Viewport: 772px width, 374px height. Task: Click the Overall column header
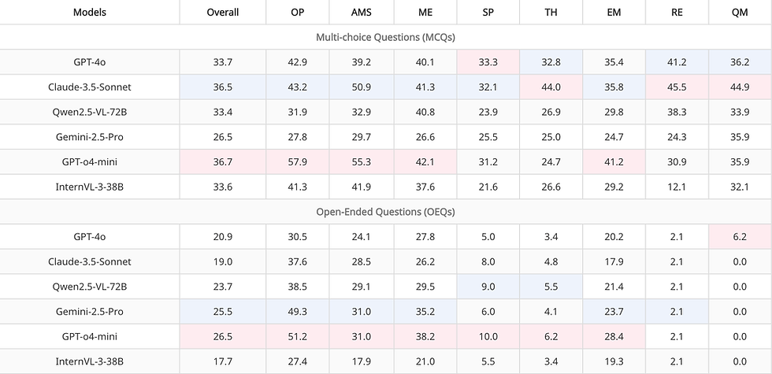click(x=222, y=13)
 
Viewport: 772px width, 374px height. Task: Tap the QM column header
click(x=739, y=13)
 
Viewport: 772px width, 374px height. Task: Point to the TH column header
click(x=551, y=13)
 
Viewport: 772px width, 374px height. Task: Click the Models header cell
click(x=90, y=13)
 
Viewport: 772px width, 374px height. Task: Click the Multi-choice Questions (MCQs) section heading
click(x=385, y=37)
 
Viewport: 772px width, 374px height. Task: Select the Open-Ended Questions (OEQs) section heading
click(x=385, y=212)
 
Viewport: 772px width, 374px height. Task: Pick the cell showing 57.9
click(x=298, y=161)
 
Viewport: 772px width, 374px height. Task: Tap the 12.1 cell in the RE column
click(x=676, y=187)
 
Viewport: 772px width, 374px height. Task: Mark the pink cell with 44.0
click(x=551, y=87)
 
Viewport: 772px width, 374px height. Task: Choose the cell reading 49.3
click(x=298, y=312)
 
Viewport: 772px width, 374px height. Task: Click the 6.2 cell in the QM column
click(x=739, y=236)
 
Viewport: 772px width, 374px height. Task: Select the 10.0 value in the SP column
click(x=488, y=336)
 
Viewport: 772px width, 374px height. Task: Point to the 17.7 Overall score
click(x=222, y=361)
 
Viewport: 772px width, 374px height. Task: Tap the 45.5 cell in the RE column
click(x=676, y=87)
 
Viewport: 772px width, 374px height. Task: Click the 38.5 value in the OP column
click(x=298, y=287)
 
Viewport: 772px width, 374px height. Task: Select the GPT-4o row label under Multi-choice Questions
click(x=90, y=61)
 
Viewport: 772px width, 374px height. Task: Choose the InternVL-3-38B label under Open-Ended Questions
click(x=90, y=361)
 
